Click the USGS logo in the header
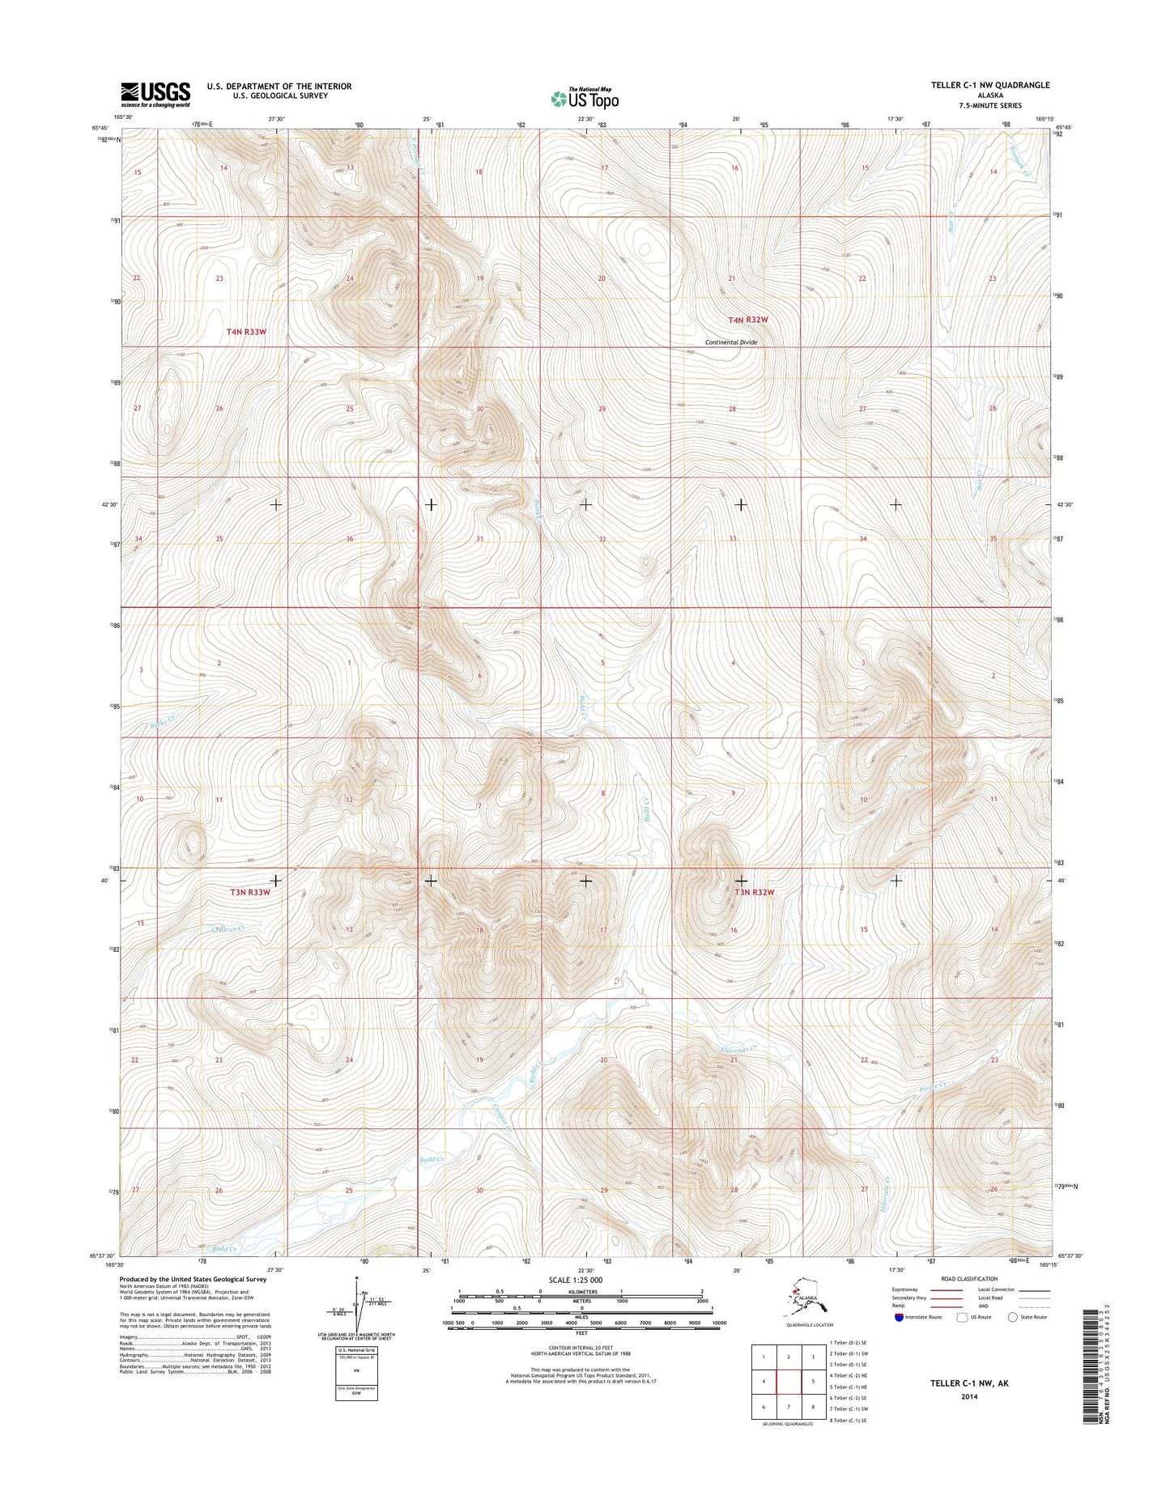tap(155, 94)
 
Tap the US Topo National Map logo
tap(585, 98)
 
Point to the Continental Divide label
tap(731, 342)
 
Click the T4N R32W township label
tap(747, 320)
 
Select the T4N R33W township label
tap(246, 332)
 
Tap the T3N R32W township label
tap(755, 892)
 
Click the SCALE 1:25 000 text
tap(575, 1280)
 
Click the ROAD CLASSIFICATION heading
tap(969, 1279)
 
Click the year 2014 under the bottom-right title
tap(969, 1396)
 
